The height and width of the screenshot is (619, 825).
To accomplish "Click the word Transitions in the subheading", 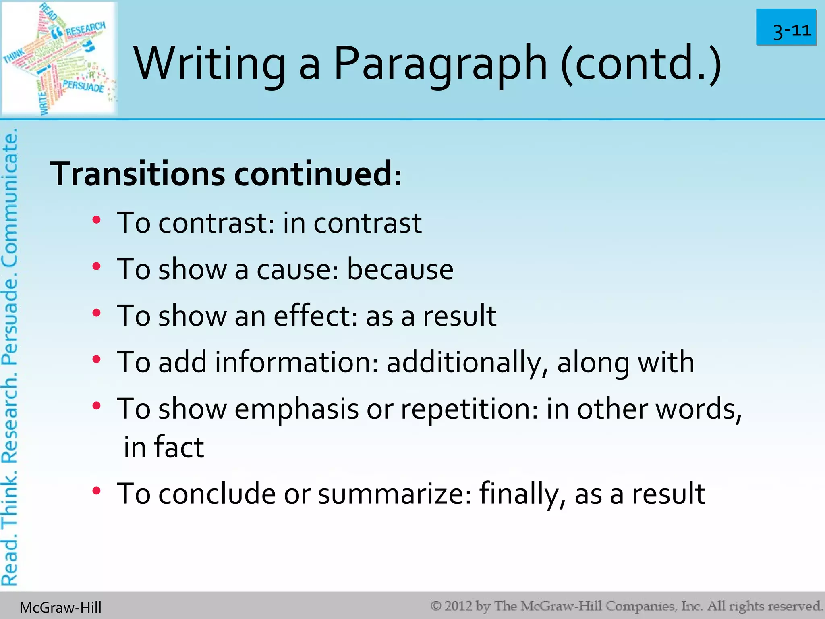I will (137, 174).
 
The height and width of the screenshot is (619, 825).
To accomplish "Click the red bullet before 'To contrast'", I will (96, 220).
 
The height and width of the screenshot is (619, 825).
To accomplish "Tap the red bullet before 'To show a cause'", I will (96, 266).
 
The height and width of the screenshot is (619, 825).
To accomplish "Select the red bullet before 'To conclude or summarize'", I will (96, 491).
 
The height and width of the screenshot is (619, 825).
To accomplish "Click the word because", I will (400, 269).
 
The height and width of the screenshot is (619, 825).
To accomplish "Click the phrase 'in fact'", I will (164, 447).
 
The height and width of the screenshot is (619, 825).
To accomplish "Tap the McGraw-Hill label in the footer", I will (60, 607).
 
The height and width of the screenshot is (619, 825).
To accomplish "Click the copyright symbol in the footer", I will (436, 606).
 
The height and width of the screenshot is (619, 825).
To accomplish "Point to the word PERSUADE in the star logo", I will (83, 86).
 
